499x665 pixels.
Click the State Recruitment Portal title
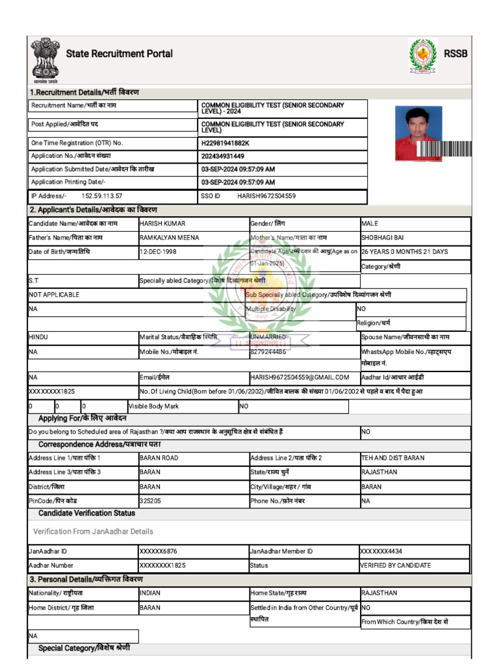120,54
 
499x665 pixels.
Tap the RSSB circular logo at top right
422,56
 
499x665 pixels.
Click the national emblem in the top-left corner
45,59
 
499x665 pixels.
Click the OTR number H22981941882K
225,143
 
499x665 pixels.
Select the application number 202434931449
223,157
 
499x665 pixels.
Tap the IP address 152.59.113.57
102,195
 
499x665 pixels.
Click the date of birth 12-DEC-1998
158,252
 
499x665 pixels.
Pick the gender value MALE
370,223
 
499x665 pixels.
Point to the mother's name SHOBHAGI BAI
383,238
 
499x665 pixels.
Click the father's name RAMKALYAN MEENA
170,238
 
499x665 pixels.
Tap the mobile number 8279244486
268,352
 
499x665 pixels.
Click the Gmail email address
300,377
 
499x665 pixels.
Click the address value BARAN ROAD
159,458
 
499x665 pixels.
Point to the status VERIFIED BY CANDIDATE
396,566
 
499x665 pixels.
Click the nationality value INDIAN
150,593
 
